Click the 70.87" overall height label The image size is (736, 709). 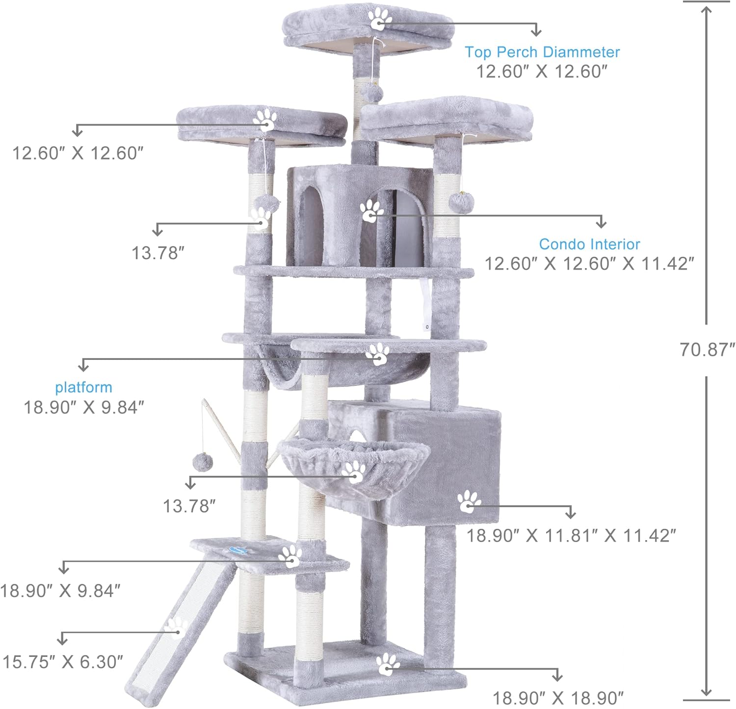tap(707, 350)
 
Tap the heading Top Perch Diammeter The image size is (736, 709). tap(542, 52)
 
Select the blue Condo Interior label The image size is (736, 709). tap(589, 244)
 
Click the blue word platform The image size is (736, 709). tap(83, 387)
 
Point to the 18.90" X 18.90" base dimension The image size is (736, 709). tap(558, 698)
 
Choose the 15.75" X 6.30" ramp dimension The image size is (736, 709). tap(63, 662)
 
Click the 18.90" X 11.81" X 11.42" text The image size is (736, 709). tap(571, 535)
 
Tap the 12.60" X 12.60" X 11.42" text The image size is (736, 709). tap(589, 264)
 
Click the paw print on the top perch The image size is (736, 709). tap(380, 19)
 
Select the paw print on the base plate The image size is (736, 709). tap(388, 664)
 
